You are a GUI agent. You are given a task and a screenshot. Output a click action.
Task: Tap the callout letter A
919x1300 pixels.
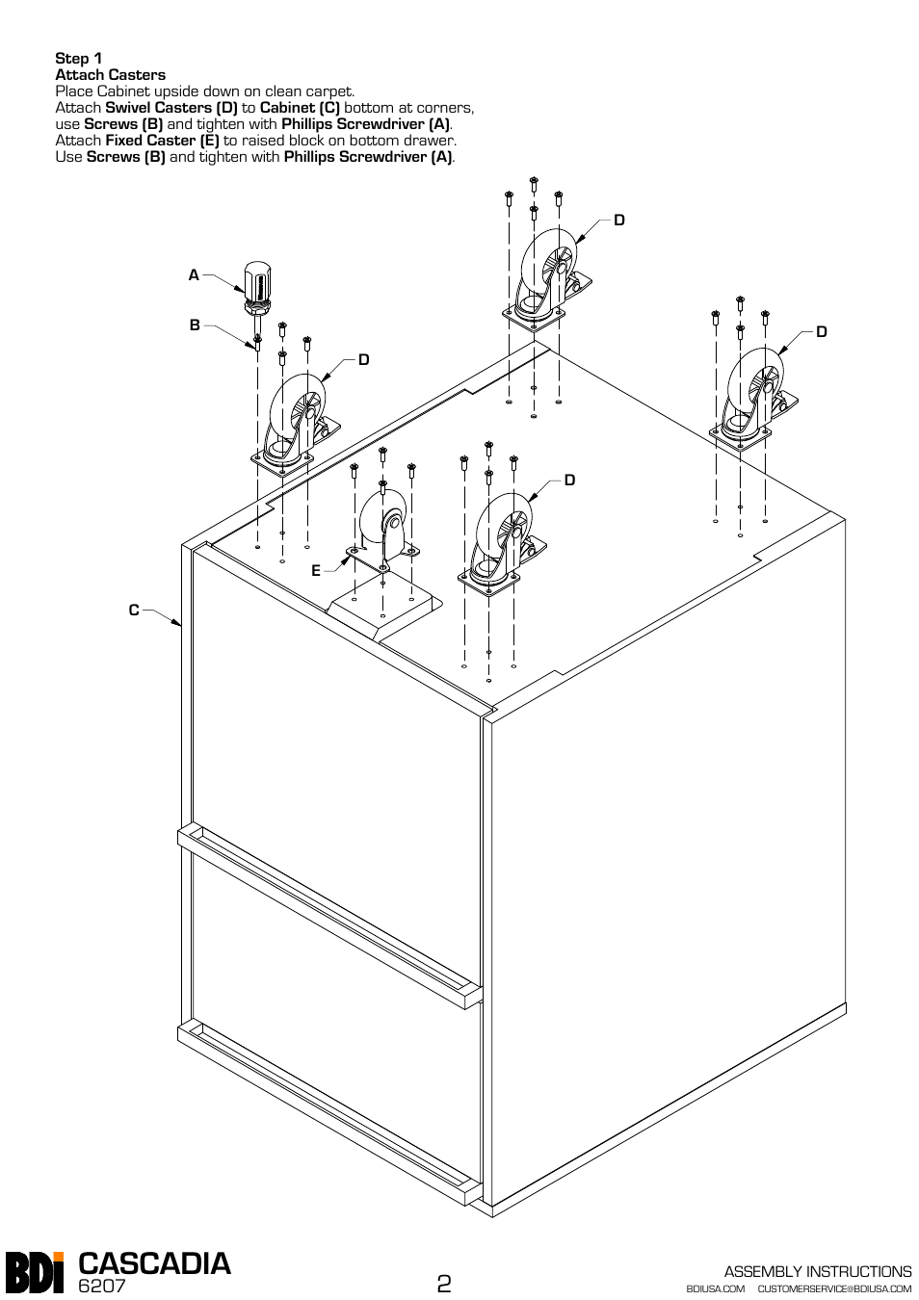click(x=194, y=275)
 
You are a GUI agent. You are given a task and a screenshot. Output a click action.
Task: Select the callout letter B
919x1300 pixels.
click(x=195, y=325)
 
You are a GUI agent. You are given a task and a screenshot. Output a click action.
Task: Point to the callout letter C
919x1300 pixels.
click(x=135, y=610)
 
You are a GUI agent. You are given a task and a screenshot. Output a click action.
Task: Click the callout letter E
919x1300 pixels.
click(x=316, y=571)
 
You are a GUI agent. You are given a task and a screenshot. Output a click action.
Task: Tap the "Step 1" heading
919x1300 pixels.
click(x=79, y=59)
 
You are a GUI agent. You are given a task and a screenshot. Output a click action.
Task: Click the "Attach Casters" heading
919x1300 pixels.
click(x=110, y=75)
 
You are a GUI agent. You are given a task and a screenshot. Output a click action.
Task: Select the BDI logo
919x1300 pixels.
click(x=35, y=1271)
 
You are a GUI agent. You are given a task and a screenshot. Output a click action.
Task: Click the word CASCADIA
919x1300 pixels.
click(x=155, y=1263)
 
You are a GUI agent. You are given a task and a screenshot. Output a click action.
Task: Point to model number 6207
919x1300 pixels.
click(x=102, y=1287)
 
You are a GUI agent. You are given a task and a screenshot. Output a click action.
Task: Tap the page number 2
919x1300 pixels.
click(x=444, y=1284)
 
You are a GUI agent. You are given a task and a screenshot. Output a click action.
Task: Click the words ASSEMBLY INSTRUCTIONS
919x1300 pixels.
click(x=817, y=1271)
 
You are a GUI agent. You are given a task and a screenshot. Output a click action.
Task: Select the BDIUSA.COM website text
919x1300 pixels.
click(x=716, y=1288)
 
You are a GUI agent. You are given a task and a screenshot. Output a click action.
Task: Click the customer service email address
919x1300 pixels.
click(x=834, y=1288)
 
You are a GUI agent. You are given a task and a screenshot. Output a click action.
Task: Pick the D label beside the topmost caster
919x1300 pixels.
click(x=619, y=221)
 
